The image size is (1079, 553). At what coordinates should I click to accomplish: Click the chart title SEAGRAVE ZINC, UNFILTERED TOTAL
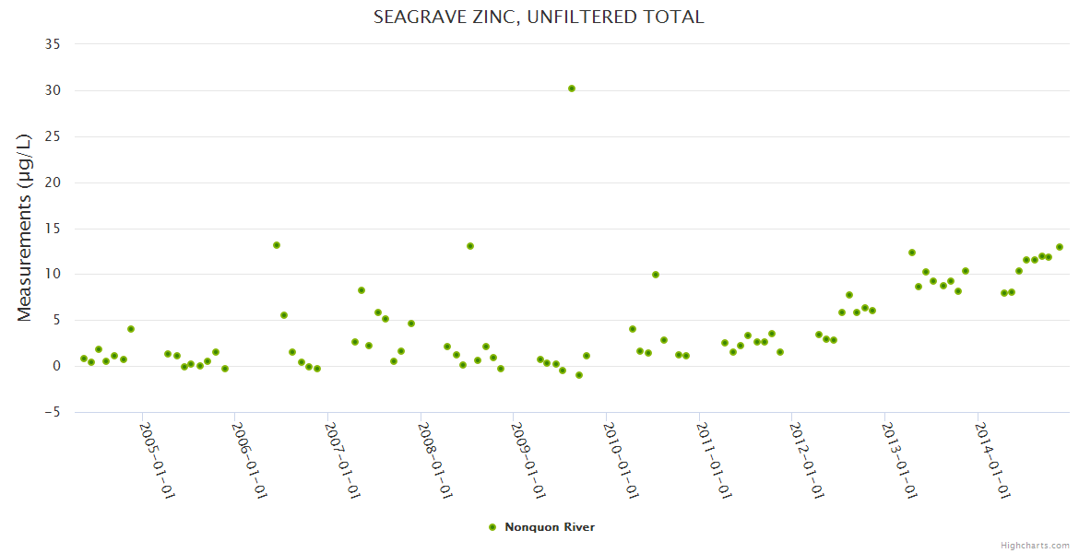pos(539,17)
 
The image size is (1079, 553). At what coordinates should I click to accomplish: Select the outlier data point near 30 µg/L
pos(572,88)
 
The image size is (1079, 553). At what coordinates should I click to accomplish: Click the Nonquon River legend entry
pos(549,527)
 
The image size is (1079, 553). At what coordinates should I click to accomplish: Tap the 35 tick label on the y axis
pos(53,44)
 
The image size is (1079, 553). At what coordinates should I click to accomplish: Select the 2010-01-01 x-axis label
pos(621,460)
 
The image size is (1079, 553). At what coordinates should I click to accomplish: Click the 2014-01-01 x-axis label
pos(992,460)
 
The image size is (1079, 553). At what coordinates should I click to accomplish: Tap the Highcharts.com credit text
pos(1035,545)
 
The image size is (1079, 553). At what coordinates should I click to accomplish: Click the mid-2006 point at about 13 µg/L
pos(277,245)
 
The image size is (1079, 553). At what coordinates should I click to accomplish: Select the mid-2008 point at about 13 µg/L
pos(470,246)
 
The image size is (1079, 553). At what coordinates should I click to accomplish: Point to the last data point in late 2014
pos(1060,247)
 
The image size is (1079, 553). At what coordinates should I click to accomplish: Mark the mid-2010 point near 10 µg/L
pos(656,275)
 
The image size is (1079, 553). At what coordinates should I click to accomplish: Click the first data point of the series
pos(84,359)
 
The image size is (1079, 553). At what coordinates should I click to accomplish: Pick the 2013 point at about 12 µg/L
pos(912,253)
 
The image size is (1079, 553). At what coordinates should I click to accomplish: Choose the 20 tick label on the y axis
pos(53,182)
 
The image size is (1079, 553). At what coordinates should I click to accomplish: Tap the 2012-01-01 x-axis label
pos(806,460)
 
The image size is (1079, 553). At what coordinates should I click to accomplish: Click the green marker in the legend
pos(492,527)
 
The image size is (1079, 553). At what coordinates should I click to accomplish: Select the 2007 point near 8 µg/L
pos(362,290)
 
